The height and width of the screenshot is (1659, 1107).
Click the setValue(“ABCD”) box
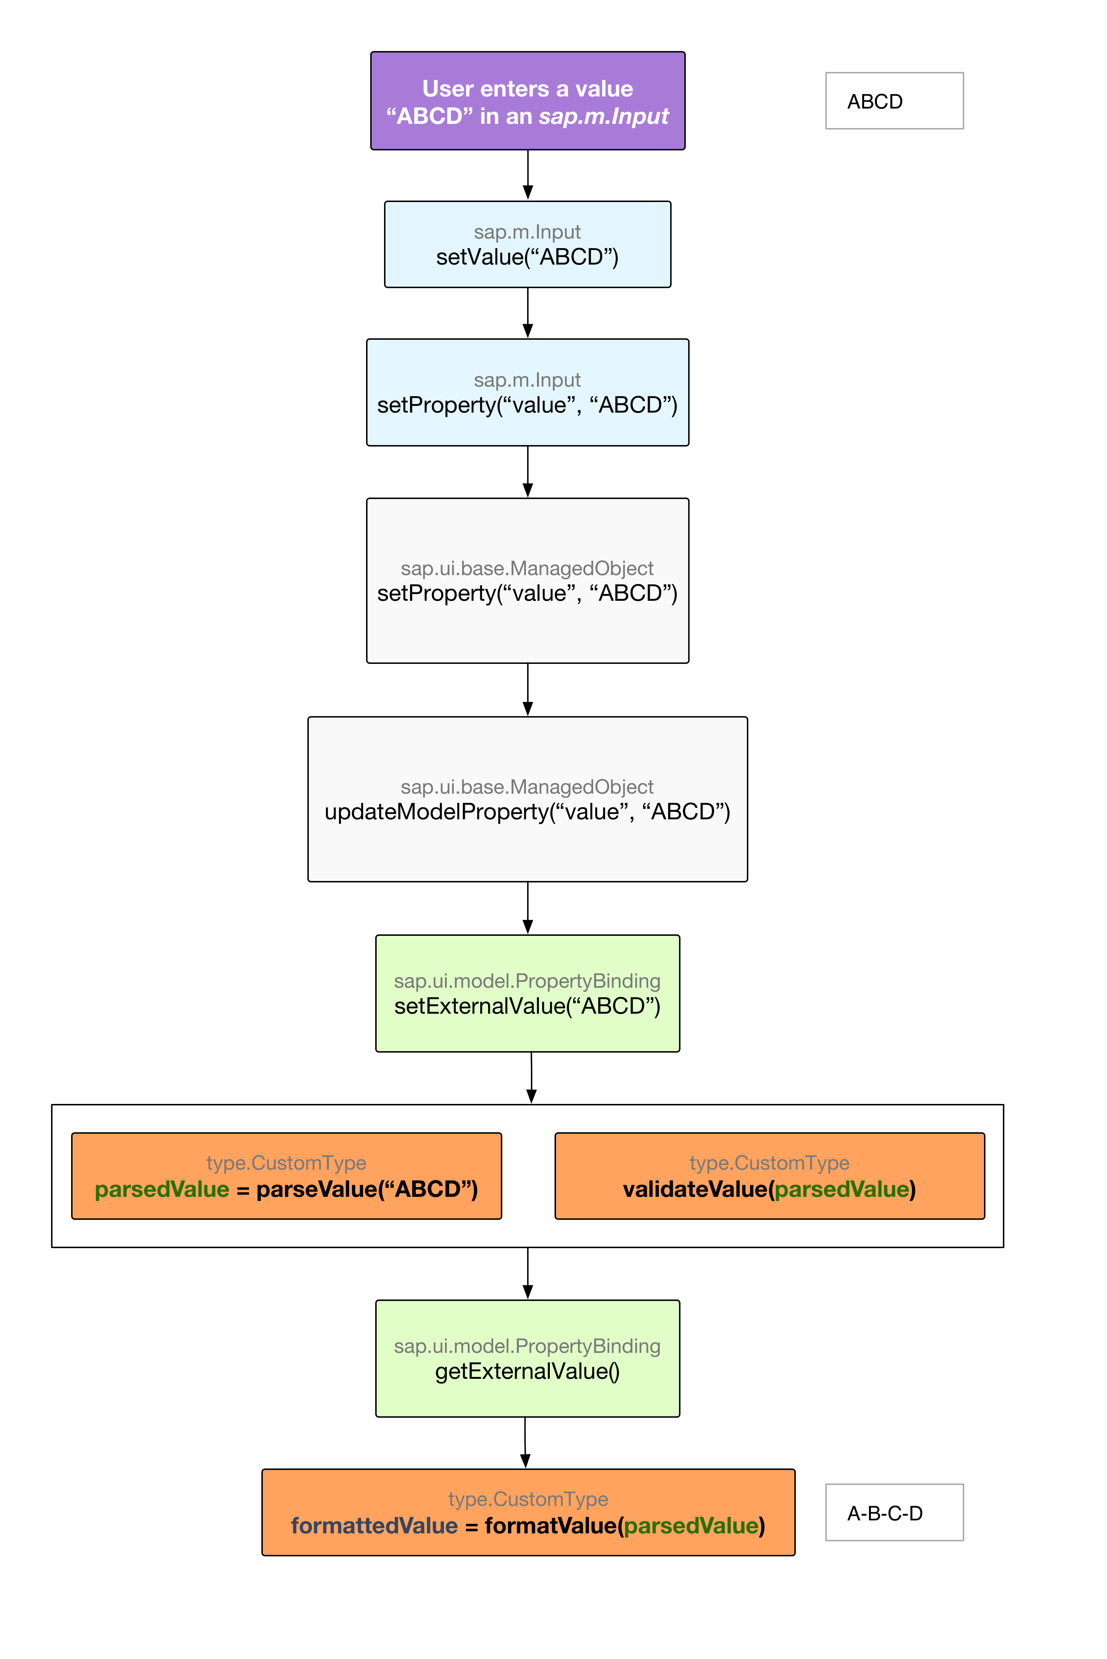point(527,244)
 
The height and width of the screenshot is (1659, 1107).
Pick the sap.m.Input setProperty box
point(527,393)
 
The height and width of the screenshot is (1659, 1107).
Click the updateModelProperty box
point(527,799)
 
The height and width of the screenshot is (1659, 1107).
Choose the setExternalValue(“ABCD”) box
point(527,993)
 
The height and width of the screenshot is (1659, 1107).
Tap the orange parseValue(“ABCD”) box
point(287,1176)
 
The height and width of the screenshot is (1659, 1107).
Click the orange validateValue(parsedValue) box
point(770,1176)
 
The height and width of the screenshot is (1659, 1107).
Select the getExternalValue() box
point(527,1358)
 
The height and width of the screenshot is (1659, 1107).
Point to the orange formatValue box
point(528,1512)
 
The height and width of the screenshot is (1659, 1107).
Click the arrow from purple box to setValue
point(527,175)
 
